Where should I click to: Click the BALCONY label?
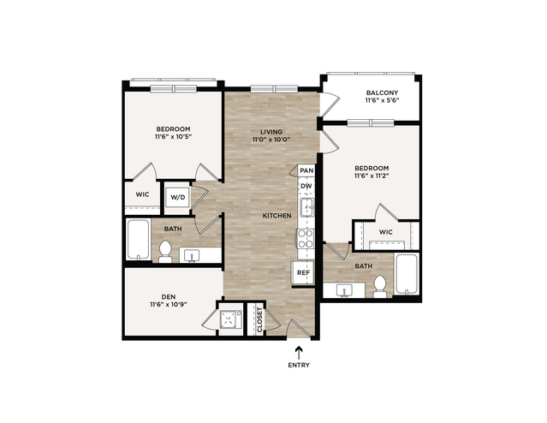[x=382, y=92]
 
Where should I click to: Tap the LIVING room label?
[x=271, y=132]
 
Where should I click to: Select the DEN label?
[x=168, y=297]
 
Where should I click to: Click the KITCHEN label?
[x=277, y=216]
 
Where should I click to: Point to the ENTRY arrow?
[x=299, y=353]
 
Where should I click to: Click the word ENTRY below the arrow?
[x=299, y=365]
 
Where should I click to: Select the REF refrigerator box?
[x=303, y=272]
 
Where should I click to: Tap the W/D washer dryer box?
[x=177, y=198]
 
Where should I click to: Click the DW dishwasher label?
[x=306, y=186]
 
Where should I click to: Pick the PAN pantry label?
[x=306, y=170]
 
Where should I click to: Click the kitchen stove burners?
[x=306, y=238]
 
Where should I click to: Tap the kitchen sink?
[x=306, y=207]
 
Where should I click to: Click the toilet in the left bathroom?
[x=165, y=251]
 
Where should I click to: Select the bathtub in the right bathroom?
[x=406, y=274]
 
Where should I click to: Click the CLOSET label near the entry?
[x=259, y=319]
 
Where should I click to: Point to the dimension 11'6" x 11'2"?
[x=372, y=176]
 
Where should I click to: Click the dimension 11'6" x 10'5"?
[x=174, y=136]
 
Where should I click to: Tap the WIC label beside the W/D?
[x=142, y=194]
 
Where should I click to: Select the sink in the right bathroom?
[x=344, y=290]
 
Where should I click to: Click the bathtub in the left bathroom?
[x=138, y=240]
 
